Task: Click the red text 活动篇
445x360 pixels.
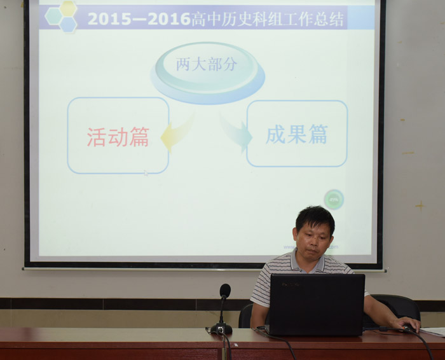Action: click(118, 137)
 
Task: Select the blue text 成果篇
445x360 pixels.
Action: click(297, 134)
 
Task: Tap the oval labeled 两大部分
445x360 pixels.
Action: click(207, 73)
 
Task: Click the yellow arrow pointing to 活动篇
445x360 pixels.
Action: click(177, 133)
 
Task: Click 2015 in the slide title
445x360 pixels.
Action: click(109, 19)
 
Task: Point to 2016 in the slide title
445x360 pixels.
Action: click(169, 19)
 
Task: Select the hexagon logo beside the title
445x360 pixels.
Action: click(61, 16)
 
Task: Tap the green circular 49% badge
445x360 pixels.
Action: click(334, 200)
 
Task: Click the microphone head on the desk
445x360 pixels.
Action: click(225, 291)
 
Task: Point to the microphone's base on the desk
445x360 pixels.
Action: click(221, 329)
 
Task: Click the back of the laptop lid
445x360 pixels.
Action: click(317, 305)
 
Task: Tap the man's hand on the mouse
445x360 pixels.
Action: click(406, 324)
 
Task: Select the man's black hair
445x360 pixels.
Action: click(315, 218)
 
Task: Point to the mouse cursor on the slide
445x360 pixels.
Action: click(146, 173)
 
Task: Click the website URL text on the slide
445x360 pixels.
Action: click(311, 247)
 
